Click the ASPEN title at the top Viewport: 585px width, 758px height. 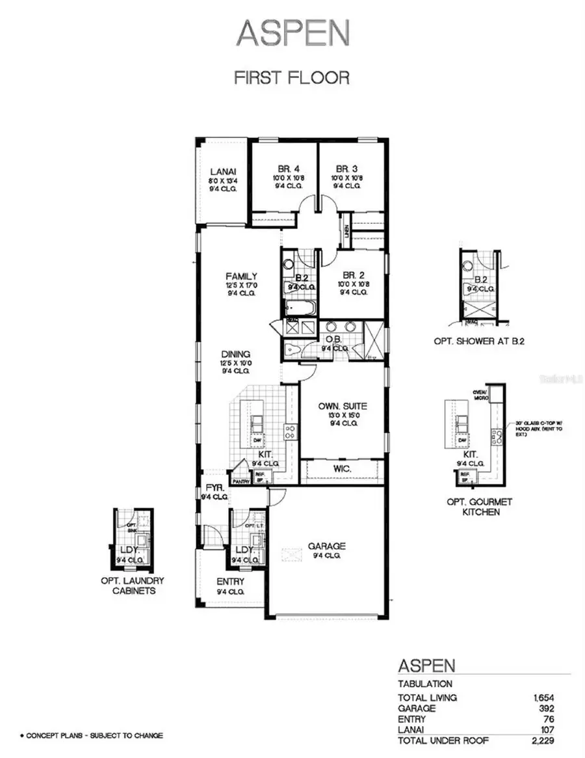coord(292,33)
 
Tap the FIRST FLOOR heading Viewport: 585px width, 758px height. coord(292,77)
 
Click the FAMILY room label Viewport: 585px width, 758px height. coord(241,276)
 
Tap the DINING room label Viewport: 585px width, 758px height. coord(235,354)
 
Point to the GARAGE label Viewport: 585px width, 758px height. coord(327,546)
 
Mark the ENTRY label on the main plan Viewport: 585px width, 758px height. coord(230,581)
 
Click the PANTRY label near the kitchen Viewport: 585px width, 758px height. coord(241,481)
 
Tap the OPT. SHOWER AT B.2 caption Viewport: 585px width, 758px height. coord(471,342)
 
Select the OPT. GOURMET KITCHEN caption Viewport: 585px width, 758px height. coord(480,507)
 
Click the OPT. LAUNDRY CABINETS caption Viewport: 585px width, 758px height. coord(133,586)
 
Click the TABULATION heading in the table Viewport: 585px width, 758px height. coord(424,684)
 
